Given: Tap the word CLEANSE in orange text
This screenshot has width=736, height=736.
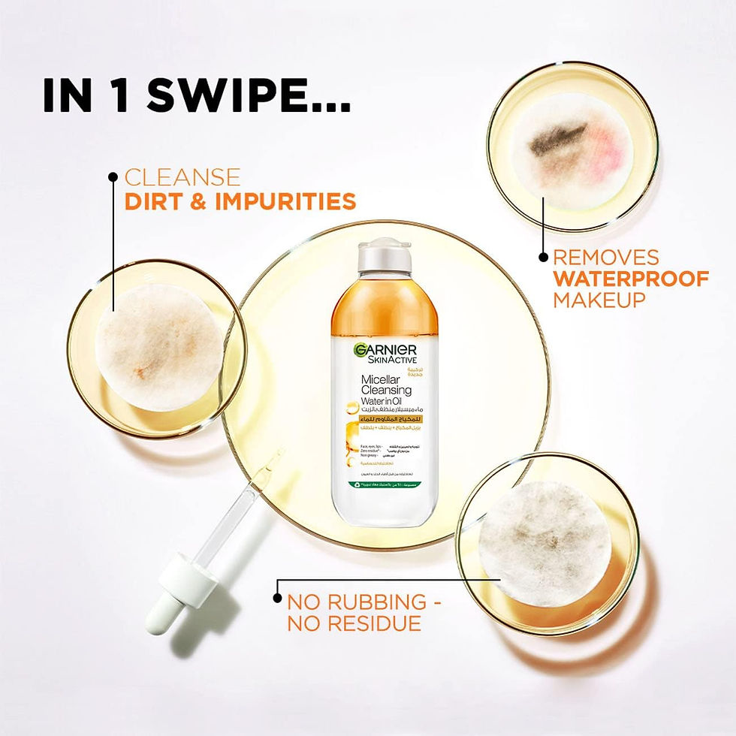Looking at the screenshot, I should (182, 178).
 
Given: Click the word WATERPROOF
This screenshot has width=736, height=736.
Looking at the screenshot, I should (631, 279).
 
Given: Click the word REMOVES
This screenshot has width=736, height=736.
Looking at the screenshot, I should (606, 257).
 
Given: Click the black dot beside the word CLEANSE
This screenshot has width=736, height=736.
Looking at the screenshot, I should (113, 177).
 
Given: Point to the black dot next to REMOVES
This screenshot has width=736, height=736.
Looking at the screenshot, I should (543, 257).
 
